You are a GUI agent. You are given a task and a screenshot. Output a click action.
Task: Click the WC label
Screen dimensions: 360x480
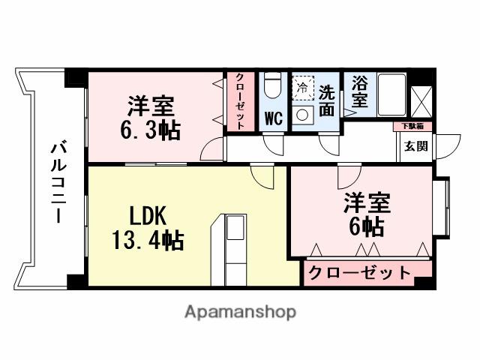tap(273, 118)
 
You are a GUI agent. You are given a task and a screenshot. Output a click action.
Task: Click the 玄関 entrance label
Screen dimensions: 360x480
tap(416, 145)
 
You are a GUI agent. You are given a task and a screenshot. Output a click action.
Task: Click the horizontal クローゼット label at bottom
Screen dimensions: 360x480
tap(360, 272)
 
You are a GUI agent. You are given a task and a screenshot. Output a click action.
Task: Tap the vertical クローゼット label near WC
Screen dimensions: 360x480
tap(240, 101)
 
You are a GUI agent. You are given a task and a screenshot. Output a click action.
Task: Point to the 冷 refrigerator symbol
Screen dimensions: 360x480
tap(302, 88)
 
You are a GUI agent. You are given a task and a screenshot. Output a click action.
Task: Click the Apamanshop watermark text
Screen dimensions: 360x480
tap(240, 311)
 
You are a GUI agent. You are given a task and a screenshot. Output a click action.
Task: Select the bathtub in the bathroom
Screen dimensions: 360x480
tap(390, 94)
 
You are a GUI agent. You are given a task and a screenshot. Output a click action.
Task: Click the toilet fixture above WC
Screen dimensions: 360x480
tap(274, 86)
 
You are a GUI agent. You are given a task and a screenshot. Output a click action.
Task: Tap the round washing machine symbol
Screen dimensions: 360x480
tap(303, 115)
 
